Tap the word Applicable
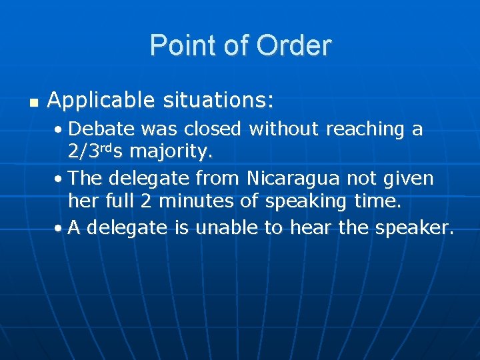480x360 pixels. pos(100,101)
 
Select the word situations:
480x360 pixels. pos(217,101)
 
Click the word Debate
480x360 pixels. pos(100,129)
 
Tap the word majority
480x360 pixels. pos(171,151)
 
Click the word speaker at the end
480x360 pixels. pos(413,228)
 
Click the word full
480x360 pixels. pos(111,201)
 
